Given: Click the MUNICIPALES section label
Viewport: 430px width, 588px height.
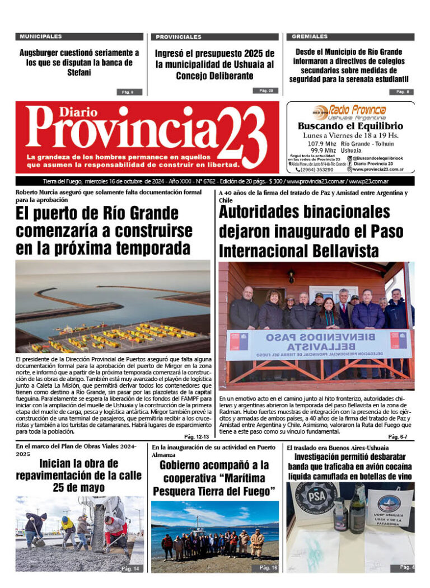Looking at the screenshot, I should [x=41, y=36].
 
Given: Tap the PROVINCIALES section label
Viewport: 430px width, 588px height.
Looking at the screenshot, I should [x=179, y=37].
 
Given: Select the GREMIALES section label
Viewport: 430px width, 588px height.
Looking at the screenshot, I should [x=310, y=36].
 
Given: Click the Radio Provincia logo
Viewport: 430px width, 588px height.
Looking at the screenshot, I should [x=350, y=112].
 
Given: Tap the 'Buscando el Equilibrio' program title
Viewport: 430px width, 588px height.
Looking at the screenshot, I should [x=350, y=126].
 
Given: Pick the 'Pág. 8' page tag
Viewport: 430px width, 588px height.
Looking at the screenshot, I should [x=401, y=92].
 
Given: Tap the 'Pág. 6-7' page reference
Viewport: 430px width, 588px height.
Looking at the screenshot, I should [x=398, y=436].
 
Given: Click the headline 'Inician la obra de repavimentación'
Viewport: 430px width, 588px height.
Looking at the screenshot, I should [x=79, y=475].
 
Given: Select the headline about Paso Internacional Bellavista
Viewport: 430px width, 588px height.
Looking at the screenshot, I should [x=305, y=231].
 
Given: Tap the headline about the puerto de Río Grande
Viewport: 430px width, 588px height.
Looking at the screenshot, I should [x=104, y=230].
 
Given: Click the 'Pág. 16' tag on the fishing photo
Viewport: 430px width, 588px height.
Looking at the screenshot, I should [x=268, y=567].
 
